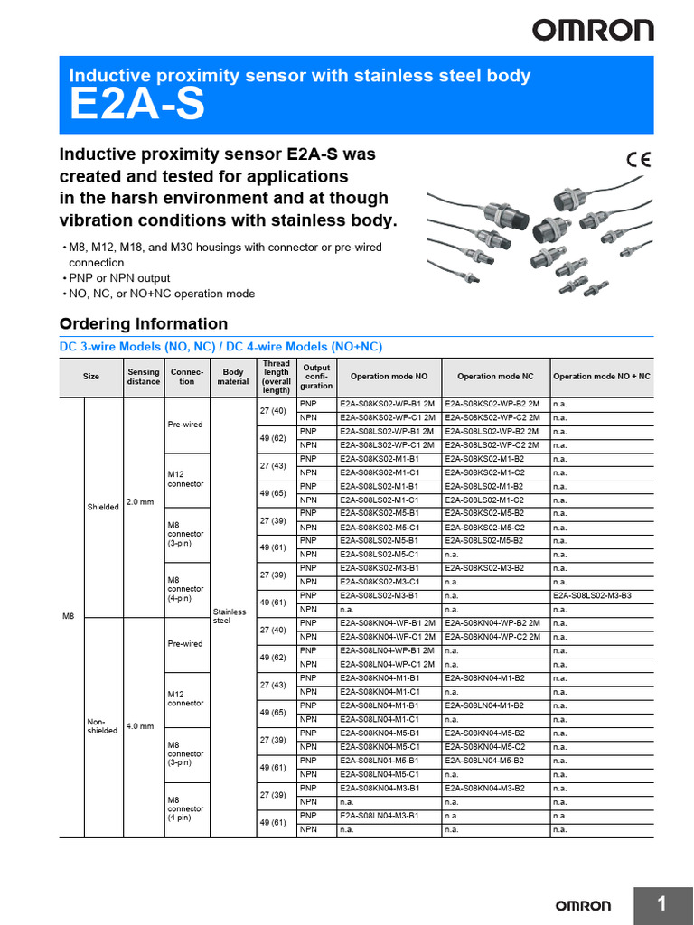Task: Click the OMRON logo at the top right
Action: tap(592, 31)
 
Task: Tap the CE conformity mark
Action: tap(638, 160)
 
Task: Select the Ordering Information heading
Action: tap(143, 323)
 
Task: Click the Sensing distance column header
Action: tap(144, 377)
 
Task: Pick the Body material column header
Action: tap(233, 377)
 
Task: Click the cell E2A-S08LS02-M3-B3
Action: tap(592, 596)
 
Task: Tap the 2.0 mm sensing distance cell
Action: tap(140, 501)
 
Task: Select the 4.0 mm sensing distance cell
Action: tap(140, 725)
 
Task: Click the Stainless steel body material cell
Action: tap(229, 616)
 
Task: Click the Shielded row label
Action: tap(103, 507)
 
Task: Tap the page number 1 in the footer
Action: tap(661, 904)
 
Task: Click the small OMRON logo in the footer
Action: tap(583, 905)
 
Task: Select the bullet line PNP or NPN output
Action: tap(119, 278)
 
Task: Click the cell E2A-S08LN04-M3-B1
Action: tap(380, 816)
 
